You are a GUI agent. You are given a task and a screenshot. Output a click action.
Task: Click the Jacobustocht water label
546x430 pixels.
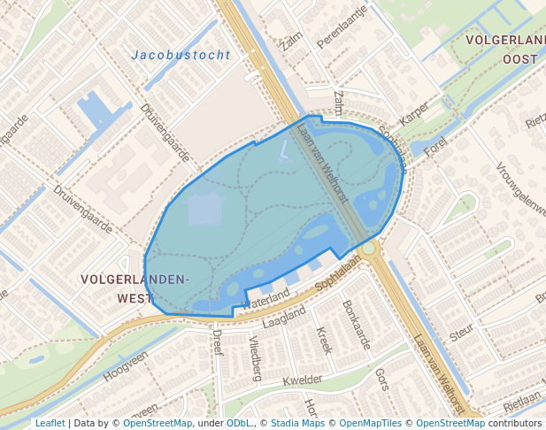181,55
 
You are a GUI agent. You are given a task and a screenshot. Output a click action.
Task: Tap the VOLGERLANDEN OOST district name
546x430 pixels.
503,49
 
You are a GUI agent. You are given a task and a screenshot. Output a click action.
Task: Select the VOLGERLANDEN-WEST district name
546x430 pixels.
135,288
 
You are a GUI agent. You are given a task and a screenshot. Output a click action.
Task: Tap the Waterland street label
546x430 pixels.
265,299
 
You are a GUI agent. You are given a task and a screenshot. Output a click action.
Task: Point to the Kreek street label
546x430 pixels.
324,340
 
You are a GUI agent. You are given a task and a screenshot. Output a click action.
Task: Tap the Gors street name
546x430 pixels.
382,380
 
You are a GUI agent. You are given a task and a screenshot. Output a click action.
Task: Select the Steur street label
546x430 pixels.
461,334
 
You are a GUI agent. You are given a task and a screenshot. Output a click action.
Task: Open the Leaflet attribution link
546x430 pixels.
50,423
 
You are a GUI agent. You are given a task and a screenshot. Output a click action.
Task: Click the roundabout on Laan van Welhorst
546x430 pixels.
370,248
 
